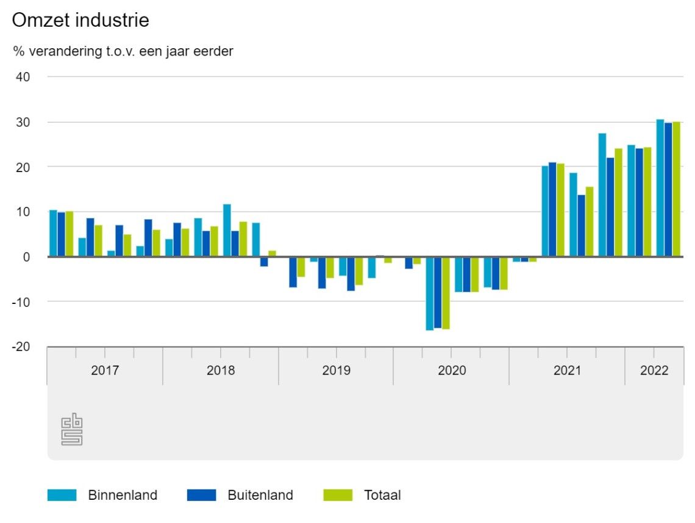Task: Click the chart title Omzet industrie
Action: pos(80,20)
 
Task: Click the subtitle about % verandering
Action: pos(123,51)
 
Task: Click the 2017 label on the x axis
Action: pos(105,370)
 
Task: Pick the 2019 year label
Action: pos(336,370)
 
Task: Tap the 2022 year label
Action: pos(654,370)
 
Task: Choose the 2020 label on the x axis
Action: pos(452,370)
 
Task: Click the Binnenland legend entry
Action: pos(123,495)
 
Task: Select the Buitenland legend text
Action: pos(260,495)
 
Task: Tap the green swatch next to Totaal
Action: pos(338,495)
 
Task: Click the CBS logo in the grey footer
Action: pos(72,430)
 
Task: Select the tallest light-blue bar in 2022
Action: pos(660,188)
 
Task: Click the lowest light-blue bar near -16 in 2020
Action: pos(429,293)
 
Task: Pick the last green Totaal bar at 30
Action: pos(676,189)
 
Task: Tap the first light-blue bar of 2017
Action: pos(53,233)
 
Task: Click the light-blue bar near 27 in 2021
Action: pos(602,195)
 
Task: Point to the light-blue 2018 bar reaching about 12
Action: pos(227,230)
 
